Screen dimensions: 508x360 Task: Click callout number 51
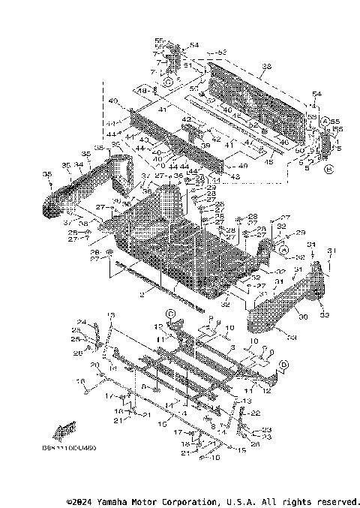click(x=188, y=65)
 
